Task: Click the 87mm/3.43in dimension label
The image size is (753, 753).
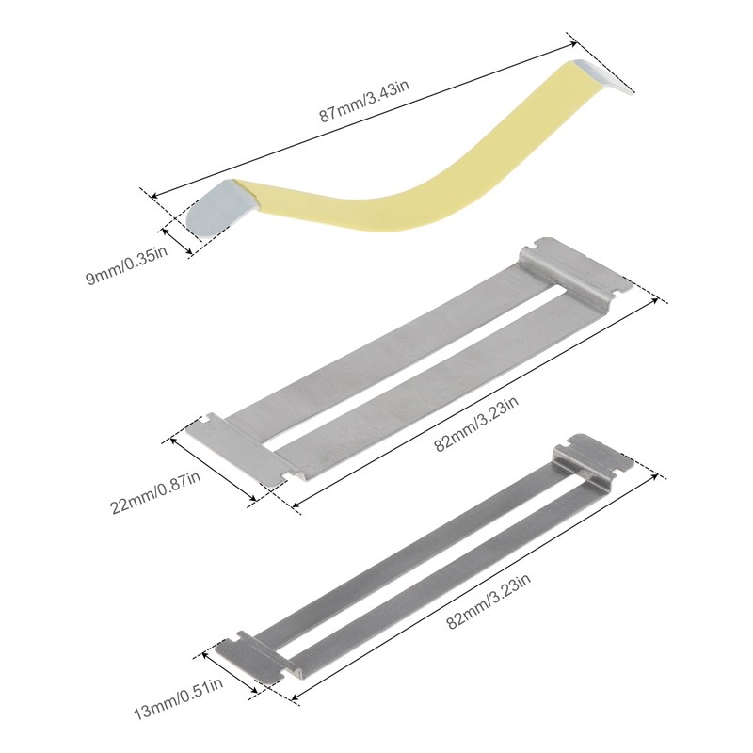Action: [x=364, y=102]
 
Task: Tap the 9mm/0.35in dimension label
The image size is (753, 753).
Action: [x=127, y=265]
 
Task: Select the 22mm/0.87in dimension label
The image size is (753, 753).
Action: [x=155, y=492]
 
